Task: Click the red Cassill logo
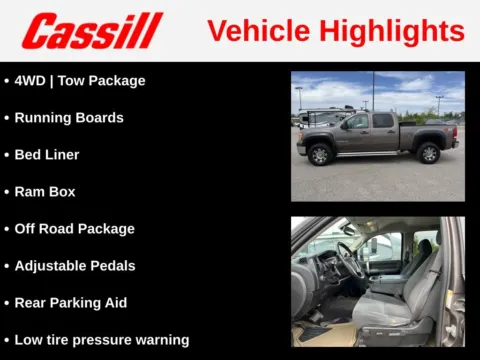pos(92,31)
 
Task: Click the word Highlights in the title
pos(394,31)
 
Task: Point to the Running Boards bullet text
pos(69,117)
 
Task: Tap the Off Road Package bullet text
pos(74,228)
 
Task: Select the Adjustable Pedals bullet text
pos(74,265)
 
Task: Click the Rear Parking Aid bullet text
pos(70,302)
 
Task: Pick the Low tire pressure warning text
pos(101,339)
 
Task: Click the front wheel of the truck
pos(320,155)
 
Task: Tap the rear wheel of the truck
pos(429,153)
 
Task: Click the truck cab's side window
pos(358,121)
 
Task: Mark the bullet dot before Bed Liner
pos(6,155)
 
